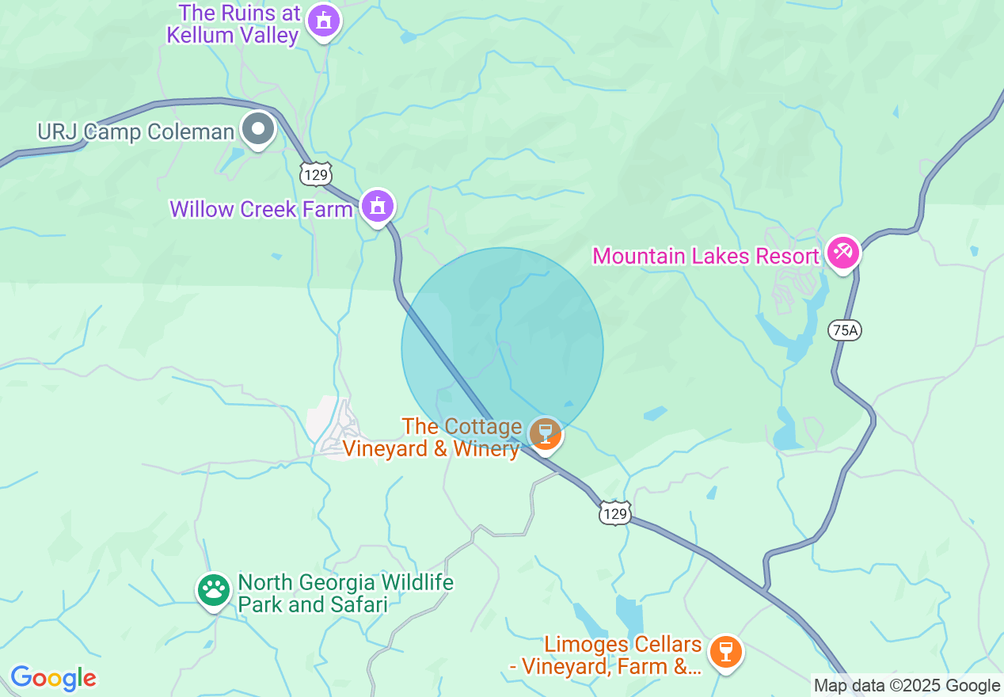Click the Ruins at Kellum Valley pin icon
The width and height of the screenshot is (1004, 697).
click(x=323, y=21)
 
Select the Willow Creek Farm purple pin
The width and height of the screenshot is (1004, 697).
click(x=378, y=207)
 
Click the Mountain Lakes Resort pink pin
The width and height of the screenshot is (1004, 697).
click(x=842, y=253)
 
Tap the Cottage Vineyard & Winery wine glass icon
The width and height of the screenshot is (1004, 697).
click(x=545, y=433)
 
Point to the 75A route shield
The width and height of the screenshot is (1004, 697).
click(x=845, y=329)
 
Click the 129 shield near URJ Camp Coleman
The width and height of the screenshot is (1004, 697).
click(x=316, y=174)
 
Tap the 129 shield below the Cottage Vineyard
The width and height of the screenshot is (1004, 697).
click(x=614, y=514)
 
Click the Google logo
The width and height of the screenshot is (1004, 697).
click(x=53, y=678)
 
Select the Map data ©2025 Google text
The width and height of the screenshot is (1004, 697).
click(x=907, y=686)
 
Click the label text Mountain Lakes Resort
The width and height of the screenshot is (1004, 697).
click(x=705, y=256)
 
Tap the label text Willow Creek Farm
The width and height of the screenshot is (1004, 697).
click(x=261, y=209)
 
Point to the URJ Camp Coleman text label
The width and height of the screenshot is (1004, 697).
click(x=136, y=131)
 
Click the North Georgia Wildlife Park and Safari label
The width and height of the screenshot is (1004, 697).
click(x=345, y=593)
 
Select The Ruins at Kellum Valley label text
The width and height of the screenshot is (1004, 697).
click(x=240, y=24)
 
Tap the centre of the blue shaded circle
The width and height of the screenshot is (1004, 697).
click(x=502, y=348)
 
